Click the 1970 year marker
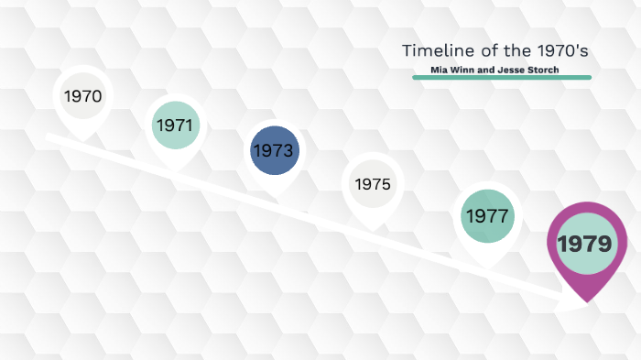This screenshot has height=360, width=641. [x=82, y=95]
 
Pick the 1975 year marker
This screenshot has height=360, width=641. [x=373, y=184]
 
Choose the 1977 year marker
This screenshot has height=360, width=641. [x=487, y=216]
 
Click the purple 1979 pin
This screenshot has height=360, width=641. [x=583, y=243]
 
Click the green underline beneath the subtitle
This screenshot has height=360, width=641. [x=502, y=78]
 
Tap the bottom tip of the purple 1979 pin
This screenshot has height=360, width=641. [x=584, y=300]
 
